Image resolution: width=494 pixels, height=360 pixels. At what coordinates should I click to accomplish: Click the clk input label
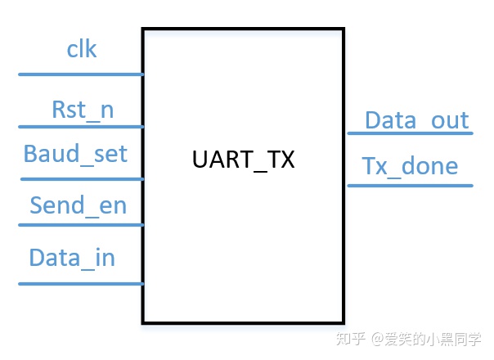[x=81, y=50]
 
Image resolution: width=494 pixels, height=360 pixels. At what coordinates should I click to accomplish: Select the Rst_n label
[x=83, y=110]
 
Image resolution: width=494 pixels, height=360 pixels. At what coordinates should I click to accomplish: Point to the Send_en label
[x=79, y=205]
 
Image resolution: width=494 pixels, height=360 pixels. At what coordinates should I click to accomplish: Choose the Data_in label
[x=72, y=258]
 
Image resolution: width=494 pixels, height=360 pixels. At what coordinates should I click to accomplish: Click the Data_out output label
[x=416, y=121]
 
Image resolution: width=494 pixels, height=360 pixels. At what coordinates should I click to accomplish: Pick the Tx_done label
[x=410, y=166]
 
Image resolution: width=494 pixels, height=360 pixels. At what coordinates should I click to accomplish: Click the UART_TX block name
[x=243, y=160]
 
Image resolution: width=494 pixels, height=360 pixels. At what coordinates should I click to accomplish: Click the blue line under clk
[x=81, y=74]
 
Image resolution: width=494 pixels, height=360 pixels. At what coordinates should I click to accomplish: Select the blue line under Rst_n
[x=81, y=127]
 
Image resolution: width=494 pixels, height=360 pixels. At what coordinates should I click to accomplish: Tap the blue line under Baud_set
[x=81, y=178]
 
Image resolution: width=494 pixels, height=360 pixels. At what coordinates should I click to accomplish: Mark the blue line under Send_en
[x=81, y=224]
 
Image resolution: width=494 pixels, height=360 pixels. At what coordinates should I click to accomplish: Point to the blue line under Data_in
[x=81, y=284]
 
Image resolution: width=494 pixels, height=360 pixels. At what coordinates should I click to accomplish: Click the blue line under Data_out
[x=410, y=133]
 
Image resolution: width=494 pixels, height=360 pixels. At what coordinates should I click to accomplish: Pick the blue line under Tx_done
[x=410, y=185]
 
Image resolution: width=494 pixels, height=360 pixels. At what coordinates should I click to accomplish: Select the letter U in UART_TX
[x=200, y=160]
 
